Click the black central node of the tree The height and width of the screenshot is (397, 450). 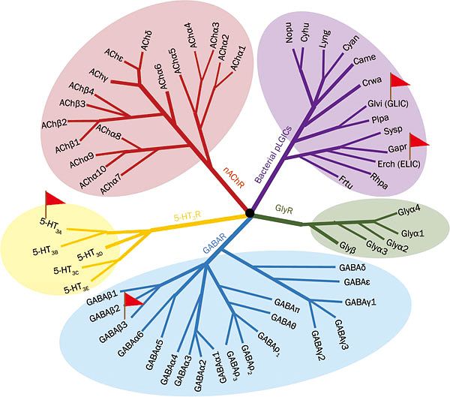point(250,215)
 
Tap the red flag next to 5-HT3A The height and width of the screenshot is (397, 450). point(54,200)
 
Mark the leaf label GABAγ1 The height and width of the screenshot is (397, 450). point(360,302)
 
